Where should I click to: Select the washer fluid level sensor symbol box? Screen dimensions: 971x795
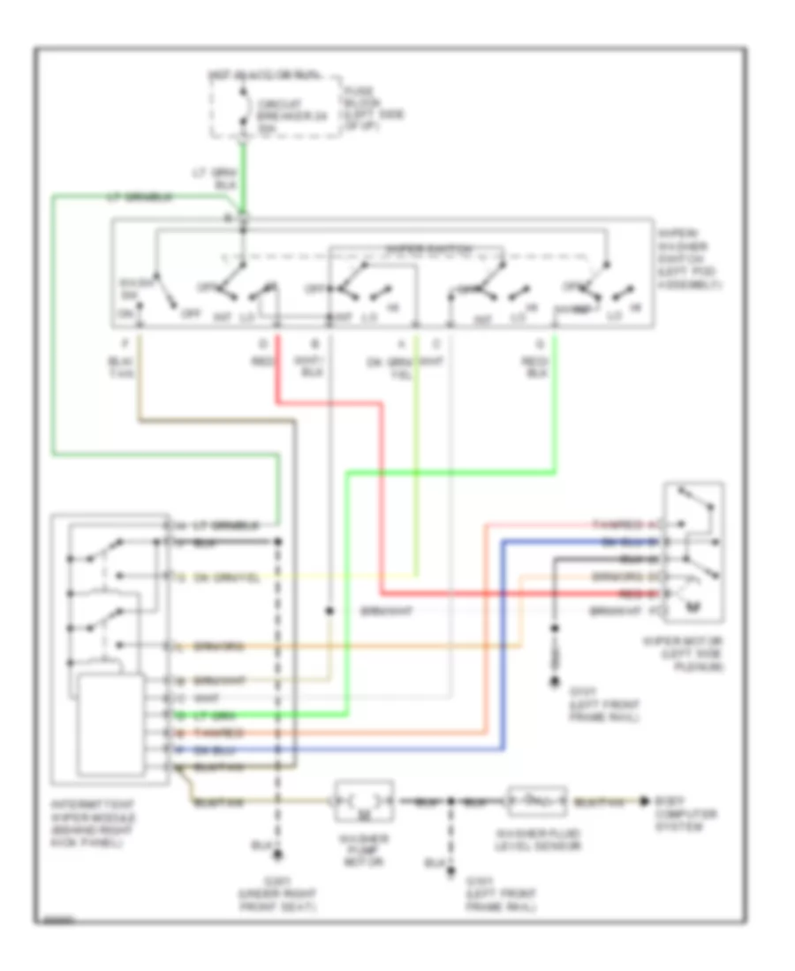[535, 801]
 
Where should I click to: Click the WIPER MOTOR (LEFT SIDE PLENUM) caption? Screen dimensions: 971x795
[694, 654]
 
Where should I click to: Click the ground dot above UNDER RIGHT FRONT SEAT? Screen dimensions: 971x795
[278, 854]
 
